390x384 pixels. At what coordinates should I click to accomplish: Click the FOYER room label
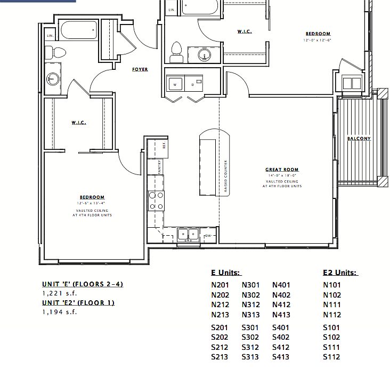coord(140,70)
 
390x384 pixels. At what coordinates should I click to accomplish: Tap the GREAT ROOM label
coord(281,170)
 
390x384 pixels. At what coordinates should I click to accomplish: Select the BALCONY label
coord(359,139)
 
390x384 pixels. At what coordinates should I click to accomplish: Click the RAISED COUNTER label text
coord(226,177)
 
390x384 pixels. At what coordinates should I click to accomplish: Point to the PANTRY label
coord(160,166)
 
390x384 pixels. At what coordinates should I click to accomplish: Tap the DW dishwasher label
coord(209,235)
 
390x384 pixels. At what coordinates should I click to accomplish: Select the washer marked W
coord(175,83)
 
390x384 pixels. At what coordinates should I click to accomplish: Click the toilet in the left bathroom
coord(56,52)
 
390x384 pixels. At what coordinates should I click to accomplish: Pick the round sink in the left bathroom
coord(52,79)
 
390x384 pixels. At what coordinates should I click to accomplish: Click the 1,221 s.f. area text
coord(60,293)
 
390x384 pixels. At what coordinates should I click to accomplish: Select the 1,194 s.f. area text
coord(60,312)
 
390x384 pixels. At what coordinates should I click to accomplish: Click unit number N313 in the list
coord(251,315)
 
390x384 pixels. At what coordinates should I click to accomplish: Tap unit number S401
coord(281,327)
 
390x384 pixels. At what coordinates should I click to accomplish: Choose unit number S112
coord(331,357)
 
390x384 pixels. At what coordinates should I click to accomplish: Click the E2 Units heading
coord(339,273)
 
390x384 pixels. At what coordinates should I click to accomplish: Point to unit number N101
coord(332,285)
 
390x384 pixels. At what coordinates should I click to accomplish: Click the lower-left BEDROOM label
coord(92,197)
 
